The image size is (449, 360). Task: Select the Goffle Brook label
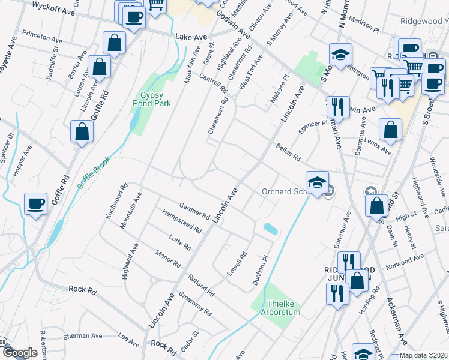94,172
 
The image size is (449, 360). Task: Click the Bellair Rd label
287,152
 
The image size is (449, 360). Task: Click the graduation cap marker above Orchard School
318,182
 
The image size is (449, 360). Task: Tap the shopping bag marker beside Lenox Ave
390,130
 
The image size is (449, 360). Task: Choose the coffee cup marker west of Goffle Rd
36,204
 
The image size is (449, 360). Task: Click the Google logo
20,353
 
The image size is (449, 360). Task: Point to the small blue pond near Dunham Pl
270,228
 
